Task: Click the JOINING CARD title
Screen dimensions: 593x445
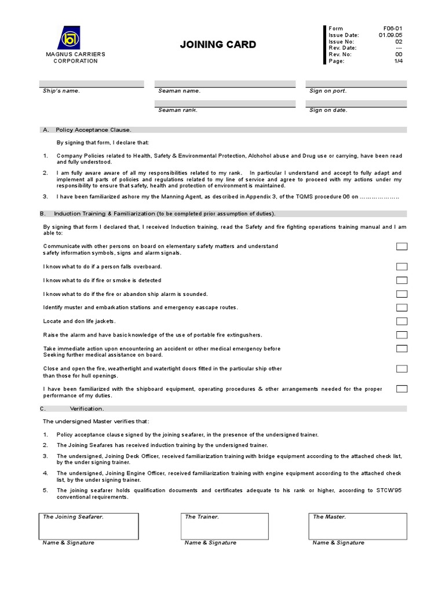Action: pyautogui.click(x=218, y=45)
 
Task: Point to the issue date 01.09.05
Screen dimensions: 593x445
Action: pyautogui.click(x=390, y=35)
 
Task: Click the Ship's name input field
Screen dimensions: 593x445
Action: pyautogui.click(x=92, y=83)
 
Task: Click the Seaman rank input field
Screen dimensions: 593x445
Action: pyautogui.click(x=224, y=103)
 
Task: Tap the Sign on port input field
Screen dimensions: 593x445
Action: pyautogui.click(x=356, y=83)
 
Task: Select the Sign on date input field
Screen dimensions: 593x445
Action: pyautogui.click(x=356, y=103)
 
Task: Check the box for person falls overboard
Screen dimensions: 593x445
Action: pyautogui.click(x=402, y=266)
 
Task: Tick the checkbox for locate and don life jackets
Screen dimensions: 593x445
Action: pyautogui.click(x=402, y=321)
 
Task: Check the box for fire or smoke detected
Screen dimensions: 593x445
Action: pyautogui.click(x=402, y=280)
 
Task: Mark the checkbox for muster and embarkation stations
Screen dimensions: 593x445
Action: pyautogui.click(x=402, y=308)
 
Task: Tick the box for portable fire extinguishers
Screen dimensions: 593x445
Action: pyautogui.click(x=402, y=335)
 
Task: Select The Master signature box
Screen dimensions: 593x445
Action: pyautogui.click(x=358, y=526)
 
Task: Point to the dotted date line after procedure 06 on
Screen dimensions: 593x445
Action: pyautogui.click(x=380, y=197)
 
